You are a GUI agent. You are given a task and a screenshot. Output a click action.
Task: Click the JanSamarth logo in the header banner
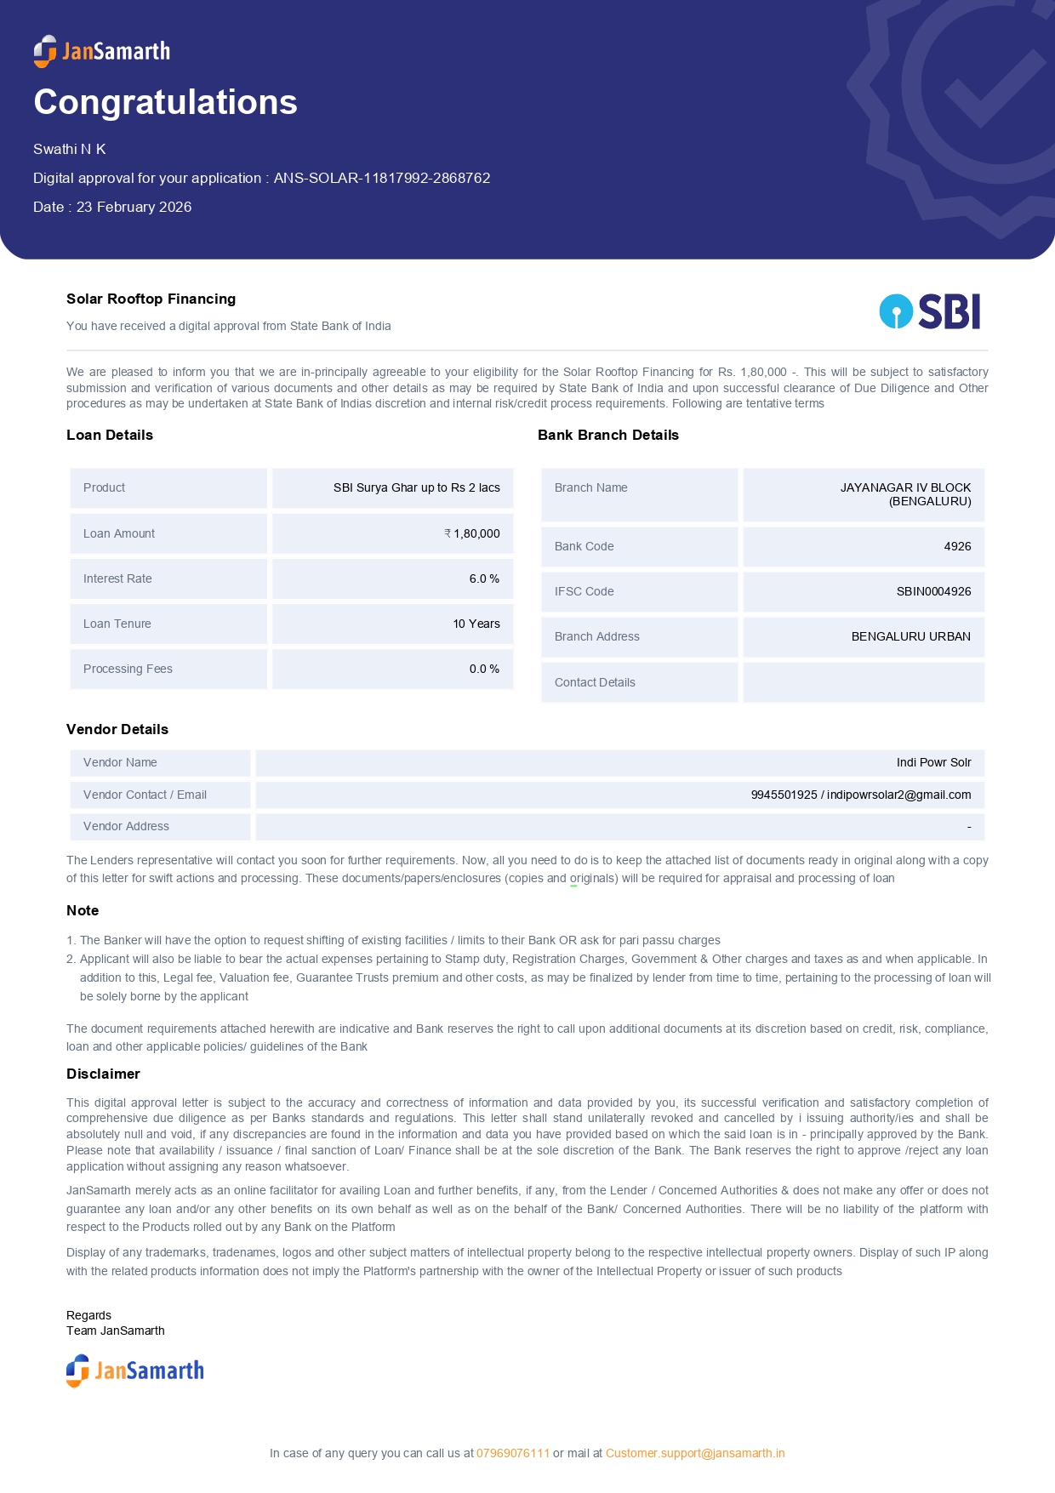pos(102,51)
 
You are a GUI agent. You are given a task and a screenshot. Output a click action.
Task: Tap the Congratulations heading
pos(165,102)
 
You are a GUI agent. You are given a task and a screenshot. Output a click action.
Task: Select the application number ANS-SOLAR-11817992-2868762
pos(382,178)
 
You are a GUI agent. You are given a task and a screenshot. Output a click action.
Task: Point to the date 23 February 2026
pos(134,207)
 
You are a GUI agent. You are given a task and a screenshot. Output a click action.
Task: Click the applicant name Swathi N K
pos(70,149)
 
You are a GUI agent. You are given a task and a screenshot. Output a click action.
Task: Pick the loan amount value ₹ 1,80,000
pos(472,533)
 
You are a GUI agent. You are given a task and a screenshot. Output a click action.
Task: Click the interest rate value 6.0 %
pos(484,578)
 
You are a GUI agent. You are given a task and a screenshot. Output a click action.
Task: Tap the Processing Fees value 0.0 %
pos(484,669)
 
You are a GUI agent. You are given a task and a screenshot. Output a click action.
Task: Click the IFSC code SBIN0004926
pos(933,591)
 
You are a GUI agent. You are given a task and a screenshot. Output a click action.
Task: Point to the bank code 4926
pos(957,546)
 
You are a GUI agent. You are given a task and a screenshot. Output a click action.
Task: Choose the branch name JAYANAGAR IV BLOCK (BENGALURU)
pos(905,494)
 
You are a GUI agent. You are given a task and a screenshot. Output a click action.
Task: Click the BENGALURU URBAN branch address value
pos(910,636)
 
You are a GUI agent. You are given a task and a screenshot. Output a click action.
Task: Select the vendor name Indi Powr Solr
pos(933,762)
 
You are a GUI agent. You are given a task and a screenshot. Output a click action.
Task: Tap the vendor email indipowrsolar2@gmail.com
pos(898,795)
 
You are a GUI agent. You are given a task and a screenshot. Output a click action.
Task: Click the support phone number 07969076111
pos(513,1453)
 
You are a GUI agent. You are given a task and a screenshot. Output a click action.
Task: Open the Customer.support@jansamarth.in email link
pos(695,1453)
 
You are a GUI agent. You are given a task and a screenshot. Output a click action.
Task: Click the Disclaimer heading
pos(103,1074)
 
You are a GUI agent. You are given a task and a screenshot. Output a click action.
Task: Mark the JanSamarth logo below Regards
pos(135,1370)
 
